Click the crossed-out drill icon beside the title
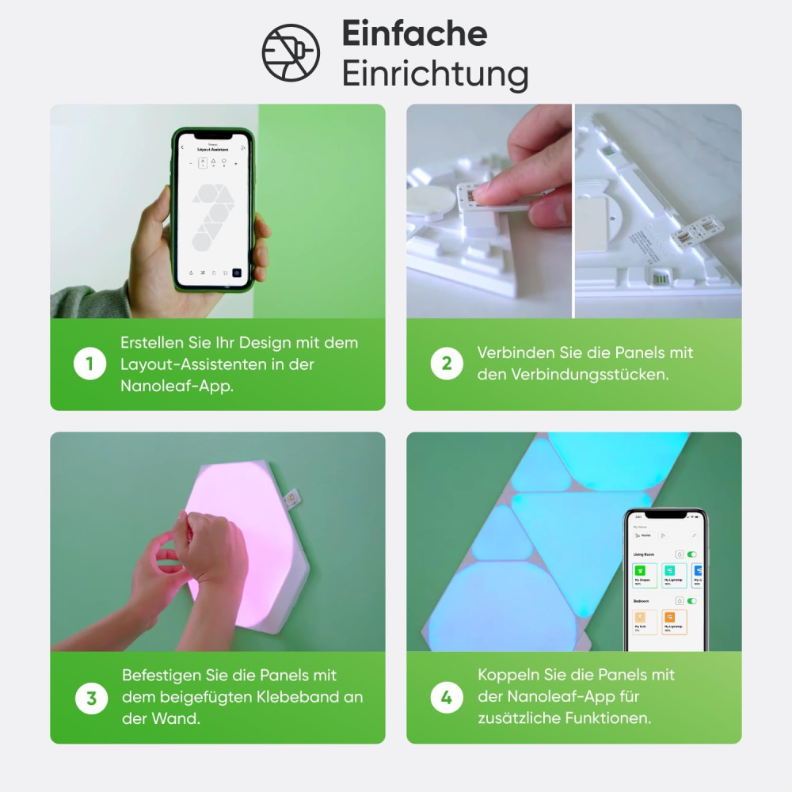point(291,53)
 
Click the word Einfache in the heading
point(414,34)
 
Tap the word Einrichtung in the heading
point(435,74)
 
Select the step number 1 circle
point(89,364)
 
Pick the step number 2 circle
point(447,364)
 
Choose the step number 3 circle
point(91,698)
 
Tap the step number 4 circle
point(447,698)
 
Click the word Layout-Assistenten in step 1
point(202,364)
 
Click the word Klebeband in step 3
point(303,697)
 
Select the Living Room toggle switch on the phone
point(692,555)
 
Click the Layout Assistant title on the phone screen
point(212,150)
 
